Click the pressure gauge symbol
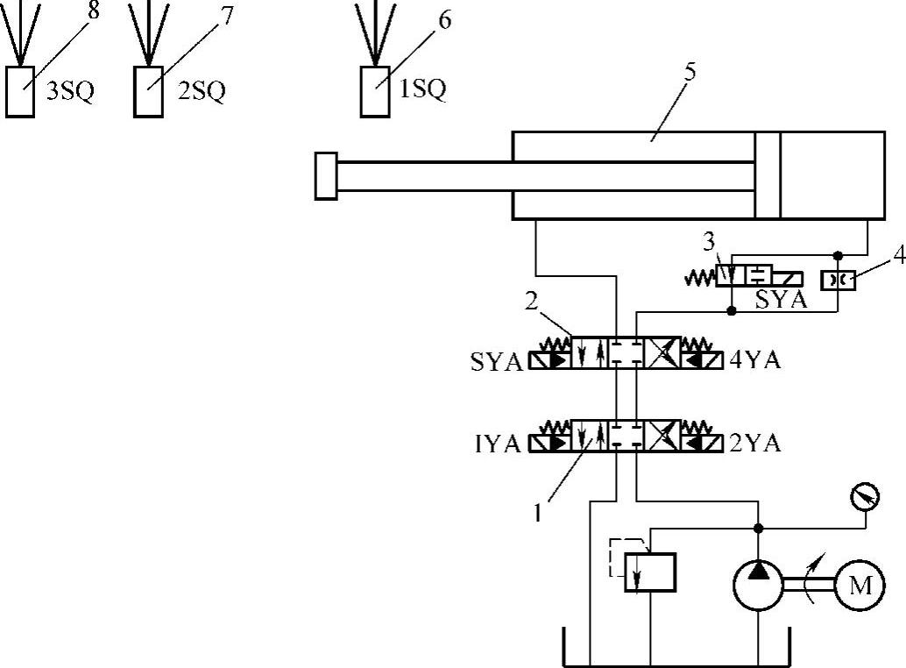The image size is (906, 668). coord(865,498)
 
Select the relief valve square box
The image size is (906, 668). coord(649,572)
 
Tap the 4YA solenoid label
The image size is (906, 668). coord(754,359)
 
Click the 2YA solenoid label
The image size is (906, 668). coord(754,444)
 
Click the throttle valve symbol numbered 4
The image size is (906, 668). coord(836,281)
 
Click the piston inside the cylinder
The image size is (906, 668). coord(768,174)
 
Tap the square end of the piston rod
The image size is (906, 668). coord(325,175)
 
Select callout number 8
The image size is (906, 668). coord(94,12)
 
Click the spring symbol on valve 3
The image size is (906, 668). coord(699,278)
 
